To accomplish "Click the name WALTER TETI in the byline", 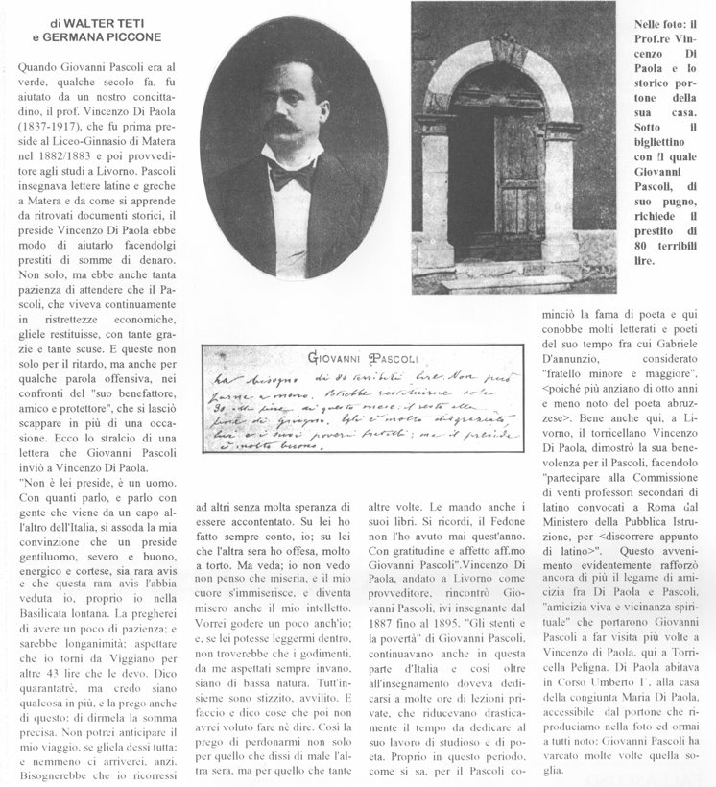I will click(x=100, y=21).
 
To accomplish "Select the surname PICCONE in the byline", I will click(x=130, y=37).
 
